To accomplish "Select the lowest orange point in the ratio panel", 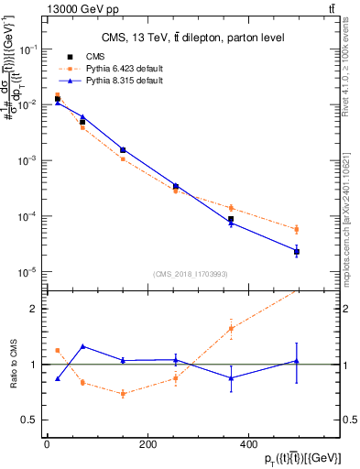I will pyautogui.click(x=123, y=394).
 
